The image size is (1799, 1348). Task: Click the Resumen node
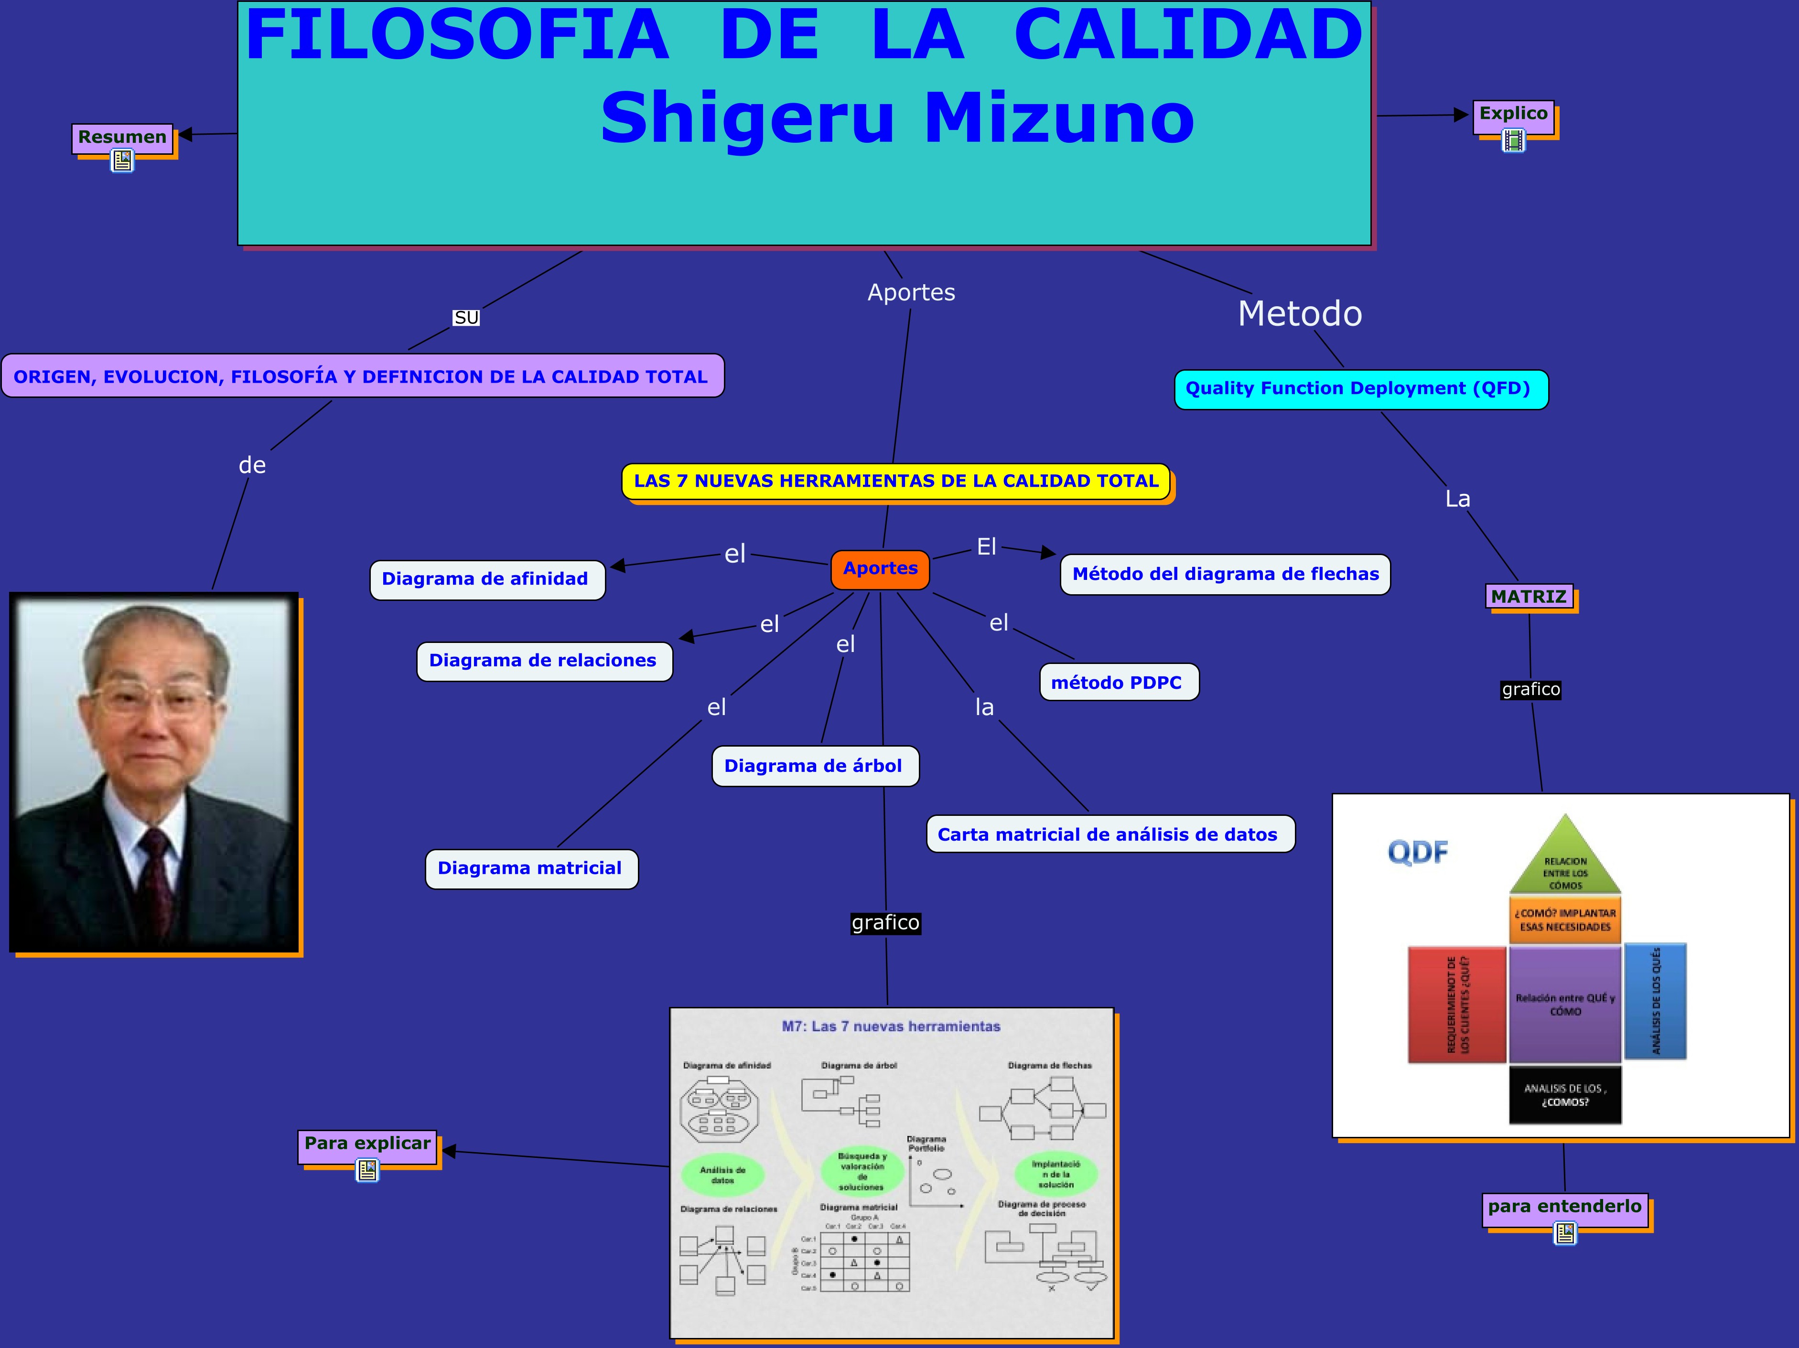[x=122, y=137]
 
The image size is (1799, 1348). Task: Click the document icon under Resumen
[x=122, y=161]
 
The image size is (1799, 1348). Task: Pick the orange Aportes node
[x=880, y=568]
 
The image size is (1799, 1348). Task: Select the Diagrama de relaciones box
[x=543, y=660]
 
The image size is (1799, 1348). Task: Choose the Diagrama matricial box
[x=530, y=868]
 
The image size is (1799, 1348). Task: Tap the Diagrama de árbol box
[x=814, y=766]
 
